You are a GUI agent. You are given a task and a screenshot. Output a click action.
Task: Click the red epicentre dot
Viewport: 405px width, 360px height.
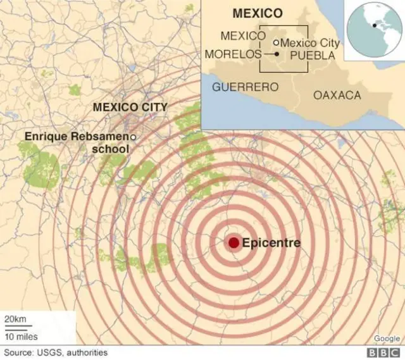click(234, 242)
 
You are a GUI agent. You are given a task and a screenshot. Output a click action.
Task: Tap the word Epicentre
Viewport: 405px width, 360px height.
click(271, 242)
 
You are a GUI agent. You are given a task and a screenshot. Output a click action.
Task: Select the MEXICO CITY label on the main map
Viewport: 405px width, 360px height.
click(130, 107)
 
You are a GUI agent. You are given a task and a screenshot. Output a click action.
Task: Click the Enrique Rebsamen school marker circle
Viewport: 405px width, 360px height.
click(134, 137)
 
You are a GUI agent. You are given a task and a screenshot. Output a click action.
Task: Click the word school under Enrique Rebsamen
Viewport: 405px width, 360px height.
click(111, 149)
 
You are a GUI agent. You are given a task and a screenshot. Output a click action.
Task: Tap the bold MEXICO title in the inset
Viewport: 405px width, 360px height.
click(257, 13)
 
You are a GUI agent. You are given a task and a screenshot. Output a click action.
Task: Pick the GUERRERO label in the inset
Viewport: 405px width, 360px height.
click(245, 87)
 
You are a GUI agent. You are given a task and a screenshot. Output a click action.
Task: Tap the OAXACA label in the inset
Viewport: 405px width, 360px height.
click(337, 95)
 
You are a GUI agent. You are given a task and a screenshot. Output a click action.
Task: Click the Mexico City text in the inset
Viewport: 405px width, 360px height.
click(309, 43)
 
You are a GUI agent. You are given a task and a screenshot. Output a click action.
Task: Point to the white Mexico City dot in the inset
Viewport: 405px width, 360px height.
click(276, 43)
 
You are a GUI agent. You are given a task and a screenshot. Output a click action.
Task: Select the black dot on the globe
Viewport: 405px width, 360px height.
click(376, 26)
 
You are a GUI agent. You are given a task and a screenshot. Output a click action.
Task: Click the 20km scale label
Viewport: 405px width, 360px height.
click(15, 318)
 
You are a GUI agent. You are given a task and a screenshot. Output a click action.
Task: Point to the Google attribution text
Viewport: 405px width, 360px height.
click(387, 338)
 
